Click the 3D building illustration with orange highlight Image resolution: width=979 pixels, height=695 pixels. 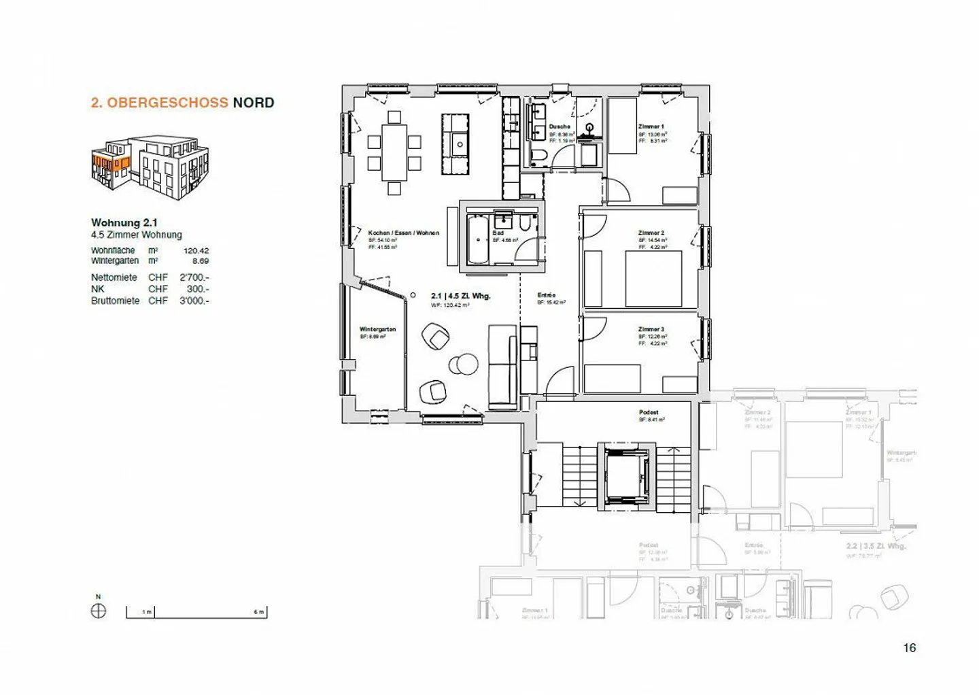point(150,166)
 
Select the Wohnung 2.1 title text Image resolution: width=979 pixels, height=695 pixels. point(124,222)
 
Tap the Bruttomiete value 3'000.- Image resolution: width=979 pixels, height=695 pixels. point(194,301)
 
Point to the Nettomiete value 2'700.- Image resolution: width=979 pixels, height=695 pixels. point(194,277)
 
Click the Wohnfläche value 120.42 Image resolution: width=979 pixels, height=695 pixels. point(196,250)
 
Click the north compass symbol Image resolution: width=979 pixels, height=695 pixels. point(98,611)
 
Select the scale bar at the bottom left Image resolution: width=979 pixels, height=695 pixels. point(196,612)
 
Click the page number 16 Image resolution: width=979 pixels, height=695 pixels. point(909,647)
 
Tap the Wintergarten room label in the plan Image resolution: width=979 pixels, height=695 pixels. point(377,329)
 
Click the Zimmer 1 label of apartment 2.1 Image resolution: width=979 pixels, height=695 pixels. point(651,126)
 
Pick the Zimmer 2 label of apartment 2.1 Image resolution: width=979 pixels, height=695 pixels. point(651,233)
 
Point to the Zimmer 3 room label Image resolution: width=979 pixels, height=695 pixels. point(651,329)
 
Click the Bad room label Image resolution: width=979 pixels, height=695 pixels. point(498,233)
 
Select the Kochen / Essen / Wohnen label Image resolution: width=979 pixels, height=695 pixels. point(403,233)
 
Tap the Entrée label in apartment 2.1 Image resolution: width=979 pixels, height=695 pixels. point(547,295)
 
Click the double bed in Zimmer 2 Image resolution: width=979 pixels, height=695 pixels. point(653,279)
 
